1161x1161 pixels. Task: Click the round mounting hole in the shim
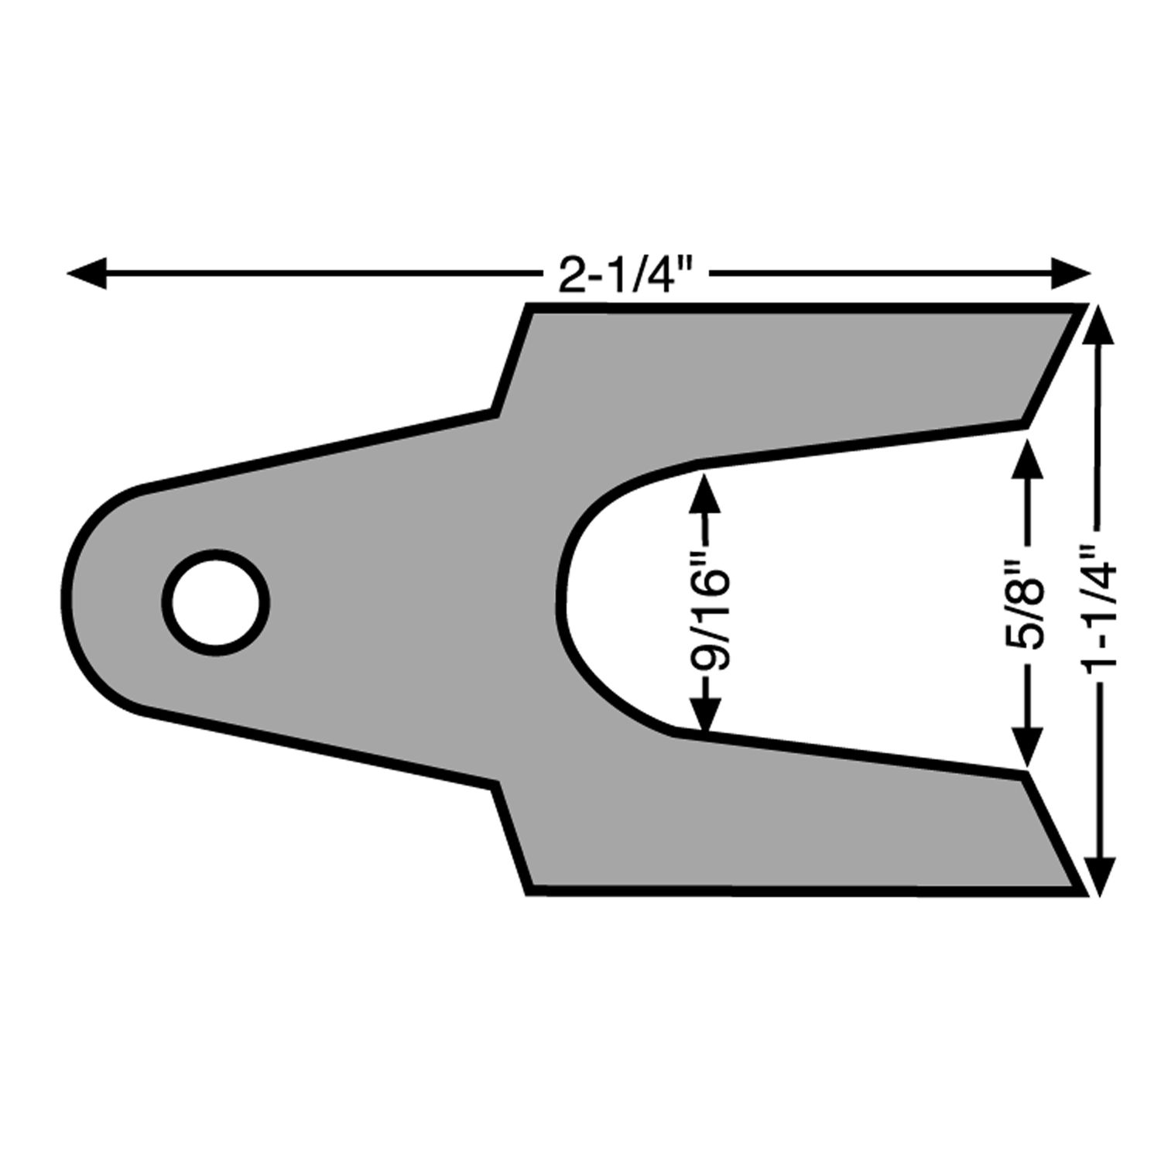tap(216, 603)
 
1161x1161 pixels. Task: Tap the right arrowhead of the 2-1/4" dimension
tap(1071, 273)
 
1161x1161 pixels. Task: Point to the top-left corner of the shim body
tap(530, 307)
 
